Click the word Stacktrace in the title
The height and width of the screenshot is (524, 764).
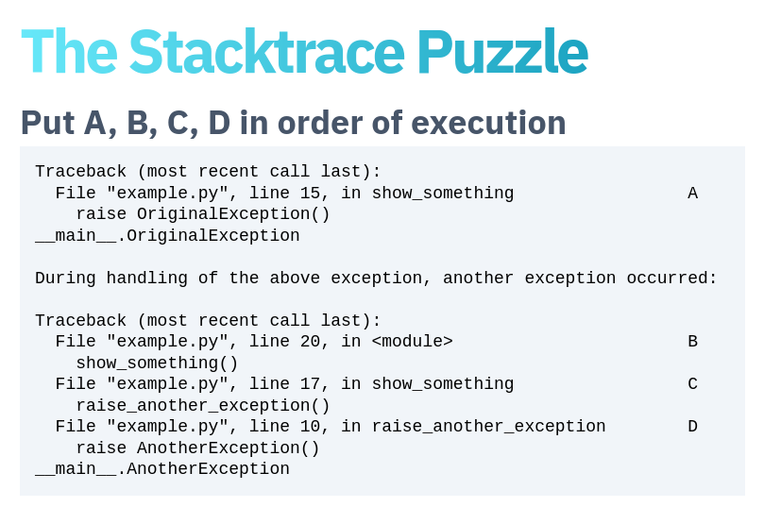point(266,51)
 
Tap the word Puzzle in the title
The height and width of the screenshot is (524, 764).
point(502,51)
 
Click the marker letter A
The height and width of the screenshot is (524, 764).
point(692,194)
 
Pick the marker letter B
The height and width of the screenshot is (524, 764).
point(692,342)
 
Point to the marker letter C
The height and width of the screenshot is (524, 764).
point(692,383)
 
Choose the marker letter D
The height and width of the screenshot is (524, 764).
point(692,426)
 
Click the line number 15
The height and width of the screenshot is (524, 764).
point(310,194)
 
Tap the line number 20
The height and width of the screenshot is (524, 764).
point(310,342)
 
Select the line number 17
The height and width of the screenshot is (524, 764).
point(310,383)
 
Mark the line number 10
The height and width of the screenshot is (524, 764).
point(310,426)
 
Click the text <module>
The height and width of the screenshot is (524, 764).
point(412,342)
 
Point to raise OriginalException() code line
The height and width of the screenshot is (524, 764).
point(203,214)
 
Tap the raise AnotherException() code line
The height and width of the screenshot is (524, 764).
point(197,448)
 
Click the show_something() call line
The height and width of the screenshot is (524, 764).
point(157,363)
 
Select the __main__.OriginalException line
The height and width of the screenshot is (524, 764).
point(167,236)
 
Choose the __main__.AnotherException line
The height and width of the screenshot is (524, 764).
point(162,469)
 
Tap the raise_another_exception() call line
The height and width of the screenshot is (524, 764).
point(203,406)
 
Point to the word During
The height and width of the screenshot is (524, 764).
point(65,279)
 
